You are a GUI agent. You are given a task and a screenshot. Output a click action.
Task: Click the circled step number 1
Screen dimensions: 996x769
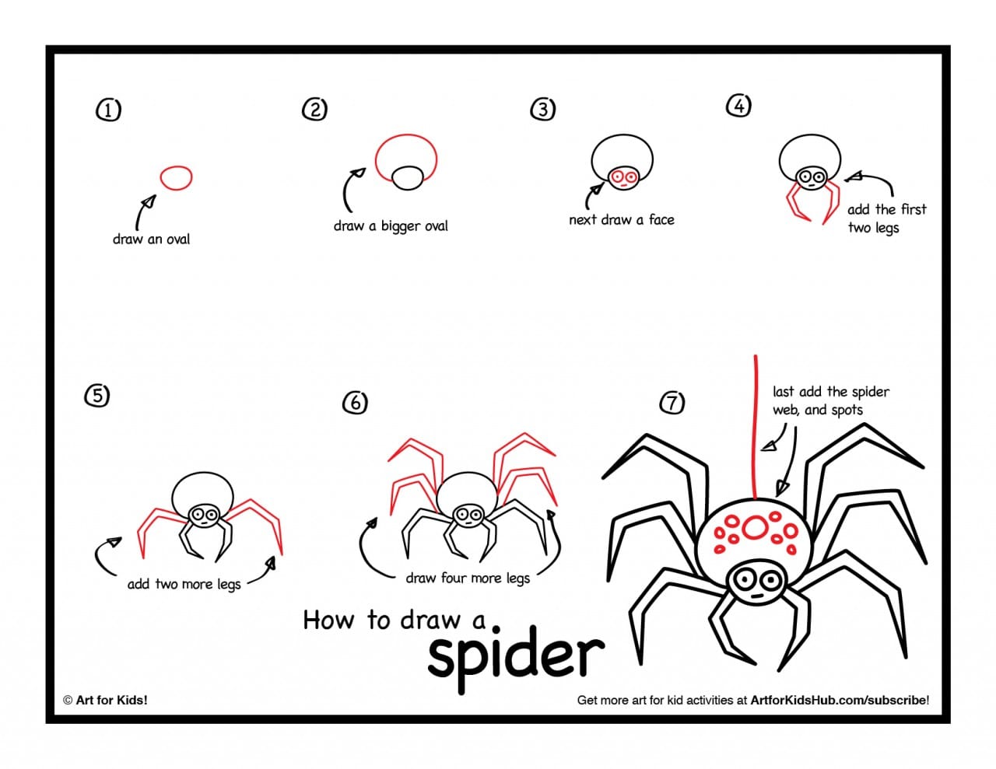click(108, 110)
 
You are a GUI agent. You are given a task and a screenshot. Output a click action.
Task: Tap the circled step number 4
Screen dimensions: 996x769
click(738, 106)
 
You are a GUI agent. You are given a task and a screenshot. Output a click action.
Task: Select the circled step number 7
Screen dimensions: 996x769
click(672, 403)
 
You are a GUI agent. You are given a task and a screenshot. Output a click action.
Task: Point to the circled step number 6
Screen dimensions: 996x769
click(355, 403)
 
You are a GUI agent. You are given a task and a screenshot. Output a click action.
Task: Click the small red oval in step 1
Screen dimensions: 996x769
click(176, 178)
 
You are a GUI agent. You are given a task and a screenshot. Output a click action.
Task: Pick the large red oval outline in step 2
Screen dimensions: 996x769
click(406, 158)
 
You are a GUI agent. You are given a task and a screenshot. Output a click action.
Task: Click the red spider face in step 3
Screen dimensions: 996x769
click(623, 178)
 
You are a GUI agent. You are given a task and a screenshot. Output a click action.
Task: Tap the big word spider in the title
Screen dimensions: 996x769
click(516, 656)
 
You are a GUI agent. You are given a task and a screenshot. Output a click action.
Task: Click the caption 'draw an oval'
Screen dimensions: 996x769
click(151, 239)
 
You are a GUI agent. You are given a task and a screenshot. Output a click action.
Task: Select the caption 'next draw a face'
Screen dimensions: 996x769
click(621, 220)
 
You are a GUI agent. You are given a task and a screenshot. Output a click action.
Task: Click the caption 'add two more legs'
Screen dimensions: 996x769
click(184, 585)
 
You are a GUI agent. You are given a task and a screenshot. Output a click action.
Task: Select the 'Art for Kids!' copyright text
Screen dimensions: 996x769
click(105, 700)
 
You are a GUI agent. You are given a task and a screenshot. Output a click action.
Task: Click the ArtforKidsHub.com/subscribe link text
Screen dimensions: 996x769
click(839, 700)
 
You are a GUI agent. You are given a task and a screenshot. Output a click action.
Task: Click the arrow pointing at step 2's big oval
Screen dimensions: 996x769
click(351, 189)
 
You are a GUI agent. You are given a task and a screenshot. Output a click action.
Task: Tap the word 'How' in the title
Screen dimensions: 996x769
click(328, 620)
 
